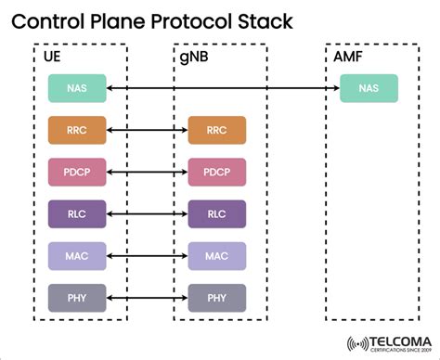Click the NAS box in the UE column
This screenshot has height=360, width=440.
coord(77,88)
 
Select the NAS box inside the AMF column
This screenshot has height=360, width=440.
coord(369,88)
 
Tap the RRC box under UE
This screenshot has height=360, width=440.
coord(77,130)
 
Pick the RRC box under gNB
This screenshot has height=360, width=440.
coord(216,130)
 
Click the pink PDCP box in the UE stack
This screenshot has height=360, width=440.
coord(77,172)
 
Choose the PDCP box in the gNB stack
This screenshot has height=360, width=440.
coord(216,172)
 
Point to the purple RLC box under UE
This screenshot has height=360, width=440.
coord(77,213)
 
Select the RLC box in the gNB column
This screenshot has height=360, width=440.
coord(216,213)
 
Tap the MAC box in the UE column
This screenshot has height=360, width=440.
coord(77,255)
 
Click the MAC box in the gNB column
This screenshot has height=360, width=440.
coord(216,255)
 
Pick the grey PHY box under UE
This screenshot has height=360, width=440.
coord(77,298)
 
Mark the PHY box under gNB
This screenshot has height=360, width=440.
coord(216,298)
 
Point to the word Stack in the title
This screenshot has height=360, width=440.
coord(267,20)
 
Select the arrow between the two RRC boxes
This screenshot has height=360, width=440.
coord(147,130)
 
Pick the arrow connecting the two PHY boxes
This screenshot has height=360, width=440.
coord(147,298)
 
